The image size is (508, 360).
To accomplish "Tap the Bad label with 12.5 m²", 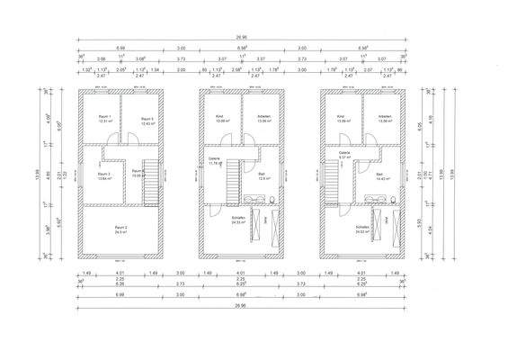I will coord(261,175).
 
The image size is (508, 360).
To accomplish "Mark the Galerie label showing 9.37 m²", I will coord(344,155).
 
